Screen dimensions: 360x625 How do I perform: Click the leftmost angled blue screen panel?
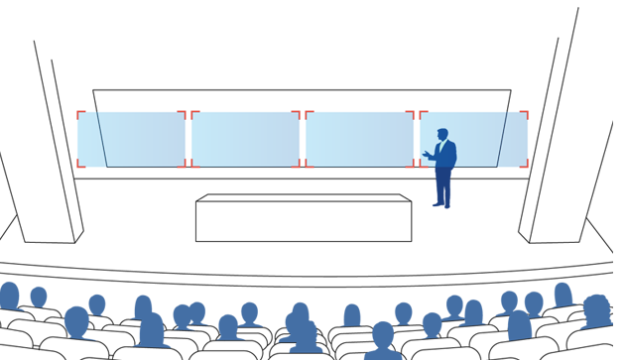tap(87, 139)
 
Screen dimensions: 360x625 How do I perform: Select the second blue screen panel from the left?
tap(144, 134)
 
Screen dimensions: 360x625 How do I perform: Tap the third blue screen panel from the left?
tap(245, 134)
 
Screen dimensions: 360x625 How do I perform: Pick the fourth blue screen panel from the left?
tap(358, 134)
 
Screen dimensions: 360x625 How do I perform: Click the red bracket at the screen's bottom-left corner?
tap(78, 166)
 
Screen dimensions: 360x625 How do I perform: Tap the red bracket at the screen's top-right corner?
tap(527, 106)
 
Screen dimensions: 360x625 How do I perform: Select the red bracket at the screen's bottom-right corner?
tap(525, 167)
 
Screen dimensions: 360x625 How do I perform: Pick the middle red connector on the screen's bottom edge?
tap(303, 167)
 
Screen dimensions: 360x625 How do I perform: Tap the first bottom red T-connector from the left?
tap(188, 167)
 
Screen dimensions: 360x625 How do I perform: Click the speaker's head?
tap(442, 134)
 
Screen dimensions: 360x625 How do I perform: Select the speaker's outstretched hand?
tap(426, 155)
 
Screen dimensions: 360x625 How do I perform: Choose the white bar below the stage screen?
tap(317, 257)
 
